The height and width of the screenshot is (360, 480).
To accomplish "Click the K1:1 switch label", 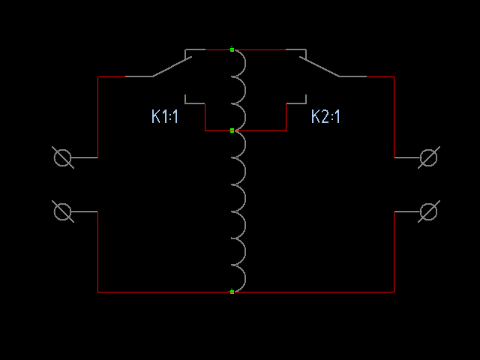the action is [x=165, y=116].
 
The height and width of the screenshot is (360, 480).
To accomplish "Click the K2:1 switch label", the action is [x=325, y=116].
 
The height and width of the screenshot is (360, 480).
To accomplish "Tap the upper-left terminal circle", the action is [x=62, y=157].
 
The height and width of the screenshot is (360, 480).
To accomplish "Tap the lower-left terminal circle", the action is [x=62, y=211].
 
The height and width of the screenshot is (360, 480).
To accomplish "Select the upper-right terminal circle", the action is [x=428, y=157].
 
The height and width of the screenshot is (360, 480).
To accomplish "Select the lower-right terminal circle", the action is [x=428, y=211].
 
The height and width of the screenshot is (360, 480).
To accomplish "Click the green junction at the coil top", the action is [x=232, y=49].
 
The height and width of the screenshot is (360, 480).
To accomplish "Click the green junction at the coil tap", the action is [x=232, y=130].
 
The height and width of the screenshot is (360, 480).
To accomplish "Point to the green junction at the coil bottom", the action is [x=232, y=292].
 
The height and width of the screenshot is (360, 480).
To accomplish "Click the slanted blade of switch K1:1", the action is [x=172, y=67].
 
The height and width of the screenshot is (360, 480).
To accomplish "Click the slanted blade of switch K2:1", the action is [x=319, y=67].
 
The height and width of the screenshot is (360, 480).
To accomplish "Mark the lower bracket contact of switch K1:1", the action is [x=195, y=103].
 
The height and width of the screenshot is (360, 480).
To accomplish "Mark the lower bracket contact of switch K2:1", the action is [x=296, y=103].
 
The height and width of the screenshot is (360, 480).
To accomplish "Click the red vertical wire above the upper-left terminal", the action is [x=98, y=117].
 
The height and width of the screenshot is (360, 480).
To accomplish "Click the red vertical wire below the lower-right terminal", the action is [x=394, y=252].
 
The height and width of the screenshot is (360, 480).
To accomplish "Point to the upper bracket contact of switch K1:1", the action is [x=195, y=49].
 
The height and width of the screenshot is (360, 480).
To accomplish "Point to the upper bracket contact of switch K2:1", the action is [x=296, y=49].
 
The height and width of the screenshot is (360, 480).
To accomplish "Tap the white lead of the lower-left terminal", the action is [x=84, y=211].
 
